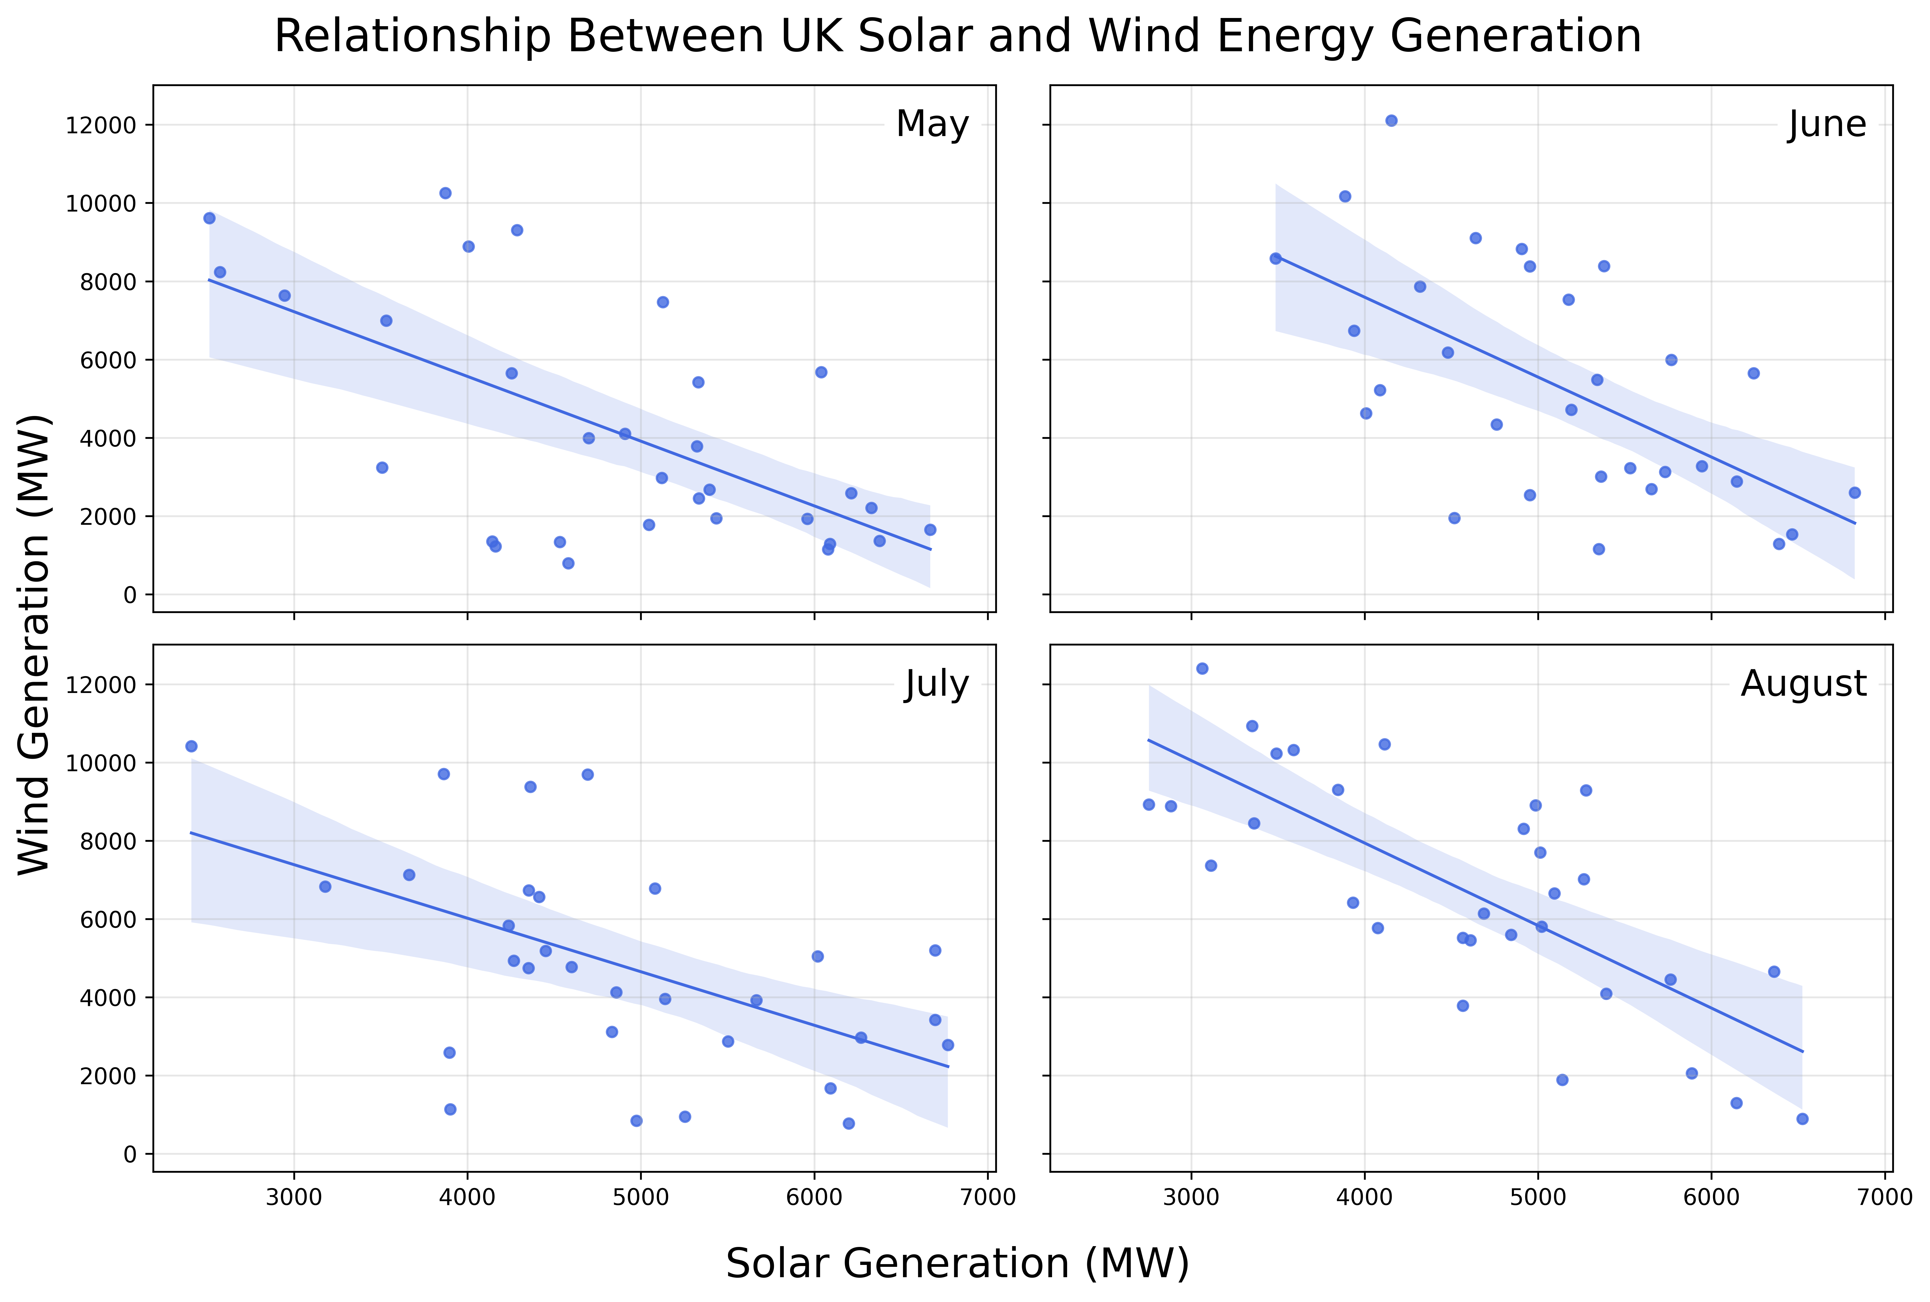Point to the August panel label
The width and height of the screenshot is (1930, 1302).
click(1803, 684)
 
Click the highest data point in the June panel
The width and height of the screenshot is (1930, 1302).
click(1391, 120)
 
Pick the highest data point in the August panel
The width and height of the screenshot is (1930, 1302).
click(1202, 668)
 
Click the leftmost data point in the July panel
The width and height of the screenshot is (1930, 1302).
click(191, 746)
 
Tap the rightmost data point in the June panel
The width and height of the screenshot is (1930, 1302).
click(1855, 492)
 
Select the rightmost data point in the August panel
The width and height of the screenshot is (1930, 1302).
click(1802, 1119)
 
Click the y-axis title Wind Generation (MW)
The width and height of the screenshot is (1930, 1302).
click(35, 644)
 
